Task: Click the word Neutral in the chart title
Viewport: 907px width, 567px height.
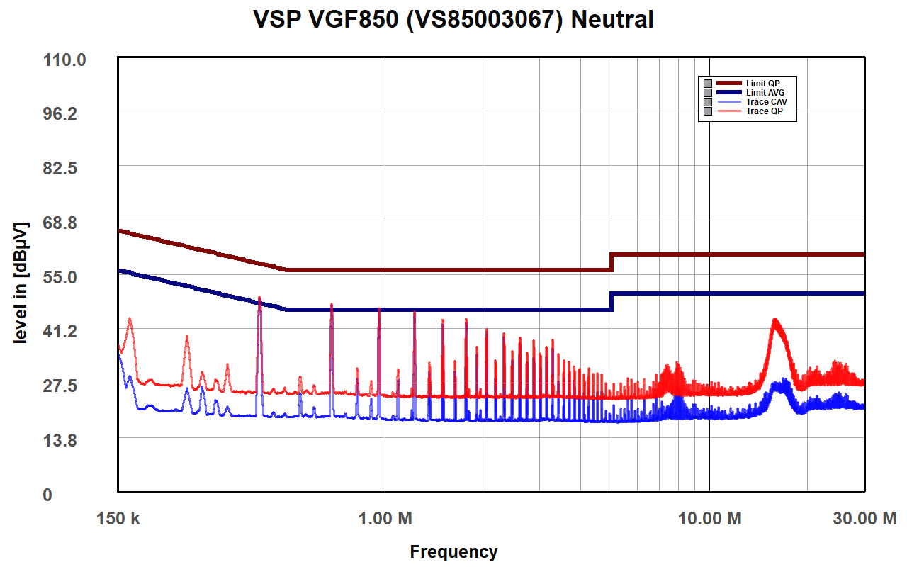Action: [612, 20]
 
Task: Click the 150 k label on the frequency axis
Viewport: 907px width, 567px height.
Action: [118, 519]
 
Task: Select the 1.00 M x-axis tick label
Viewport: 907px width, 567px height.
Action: [385, 519]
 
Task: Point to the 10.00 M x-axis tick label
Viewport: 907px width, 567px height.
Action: [710, 519]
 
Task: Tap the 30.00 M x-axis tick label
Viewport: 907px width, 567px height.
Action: [864, 519]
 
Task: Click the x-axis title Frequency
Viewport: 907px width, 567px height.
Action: [453, 551]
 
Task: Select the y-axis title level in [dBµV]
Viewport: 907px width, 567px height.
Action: [21, 283]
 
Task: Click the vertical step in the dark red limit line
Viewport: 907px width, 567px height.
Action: [612, 262]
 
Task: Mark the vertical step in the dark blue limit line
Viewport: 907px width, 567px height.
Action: [612, 301]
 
